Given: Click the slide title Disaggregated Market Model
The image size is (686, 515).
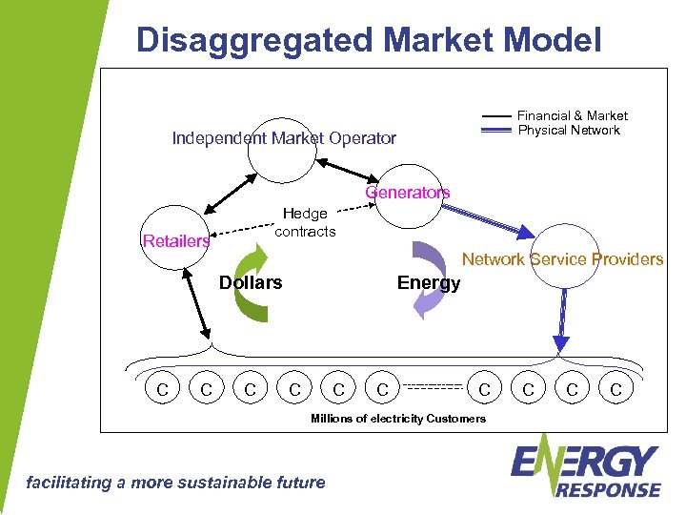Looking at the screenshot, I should [369, 39].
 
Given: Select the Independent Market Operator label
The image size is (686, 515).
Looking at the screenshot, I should [283, 138].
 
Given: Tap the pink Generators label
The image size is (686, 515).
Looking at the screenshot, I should [408, 193].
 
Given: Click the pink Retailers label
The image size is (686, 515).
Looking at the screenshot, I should [175, 241].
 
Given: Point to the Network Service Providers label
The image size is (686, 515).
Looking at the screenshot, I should [562, 258].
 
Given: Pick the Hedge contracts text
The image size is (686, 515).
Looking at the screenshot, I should [305, 222].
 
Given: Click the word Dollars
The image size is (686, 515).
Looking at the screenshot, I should [251, 282].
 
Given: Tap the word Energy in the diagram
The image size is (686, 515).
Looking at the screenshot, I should [428, 282].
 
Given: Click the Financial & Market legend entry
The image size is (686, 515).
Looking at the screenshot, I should [572, 115].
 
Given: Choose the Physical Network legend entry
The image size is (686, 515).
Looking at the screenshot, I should [569, 130].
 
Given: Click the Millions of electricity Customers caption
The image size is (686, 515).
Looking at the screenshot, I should [398, 419].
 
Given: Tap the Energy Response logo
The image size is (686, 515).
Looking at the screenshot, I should [585, 467].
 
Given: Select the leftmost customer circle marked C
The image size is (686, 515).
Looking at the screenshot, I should [162, 389].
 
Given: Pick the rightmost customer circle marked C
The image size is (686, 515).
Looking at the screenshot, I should [615, 389].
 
